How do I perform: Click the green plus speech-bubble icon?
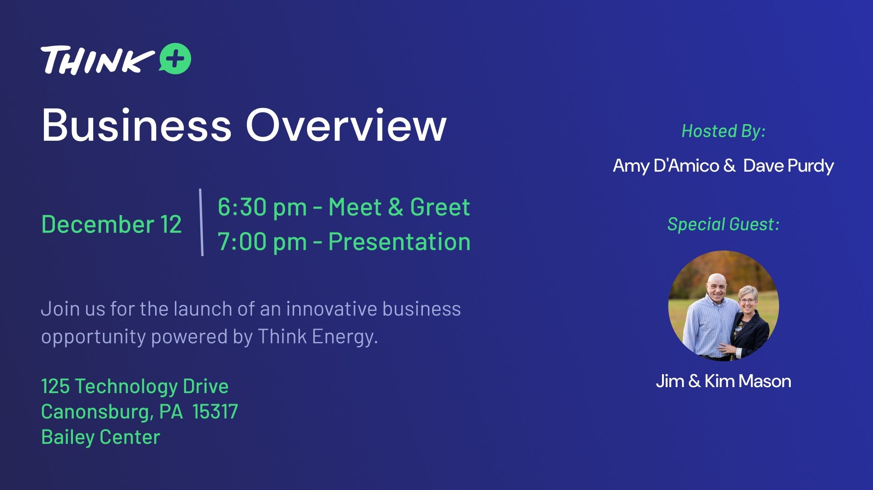(175, 59)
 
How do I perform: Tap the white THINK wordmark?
(98, 60)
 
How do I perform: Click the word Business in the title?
(136, 125)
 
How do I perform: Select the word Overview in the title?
(346, 125)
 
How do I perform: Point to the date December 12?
(111, 224)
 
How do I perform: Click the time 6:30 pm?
(262, 207)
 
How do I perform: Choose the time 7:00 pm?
(262, 242)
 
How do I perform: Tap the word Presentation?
(399, 242)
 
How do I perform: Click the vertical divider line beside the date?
(201, 222)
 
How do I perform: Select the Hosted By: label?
(723, 131)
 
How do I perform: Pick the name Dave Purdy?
(789, 166)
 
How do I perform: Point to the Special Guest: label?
(723, 224)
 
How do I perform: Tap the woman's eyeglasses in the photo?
(747, 299)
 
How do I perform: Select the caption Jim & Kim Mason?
(723, 381)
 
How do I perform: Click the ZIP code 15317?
(215, 412)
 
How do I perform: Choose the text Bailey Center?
(101, 437)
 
